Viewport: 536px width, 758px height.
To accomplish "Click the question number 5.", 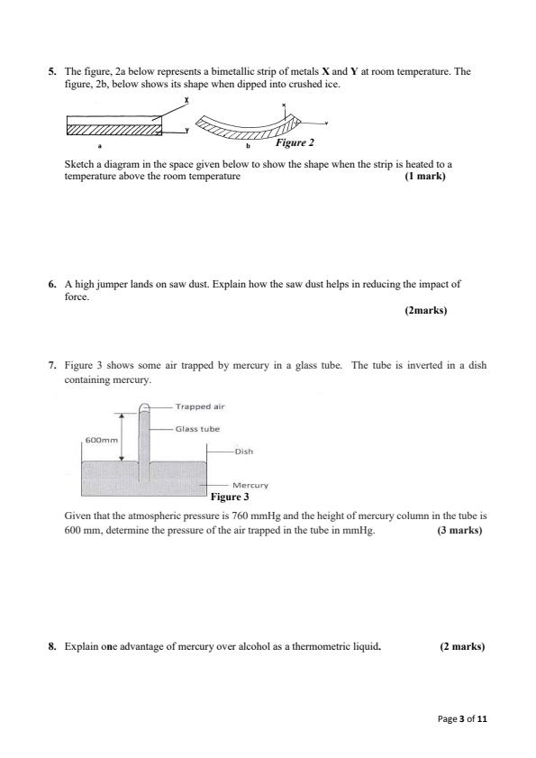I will click(x=52, y=70).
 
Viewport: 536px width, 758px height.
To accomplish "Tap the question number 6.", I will click(x=52, y=283).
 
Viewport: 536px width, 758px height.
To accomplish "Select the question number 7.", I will click(x=52, y=366).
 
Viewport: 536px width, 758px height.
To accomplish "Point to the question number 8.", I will click(x=52, y=646).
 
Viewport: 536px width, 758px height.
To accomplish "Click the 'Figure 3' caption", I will click(x=229, y=497).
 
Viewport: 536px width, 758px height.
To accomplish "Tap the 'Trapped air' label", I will click(x=199, y=406).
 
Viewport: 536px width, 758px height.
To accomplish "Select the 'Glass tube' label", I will click(x=197, y=429).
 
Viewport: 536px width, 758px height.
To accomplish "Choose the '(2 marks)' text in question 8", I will click(x=462, y=646).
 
